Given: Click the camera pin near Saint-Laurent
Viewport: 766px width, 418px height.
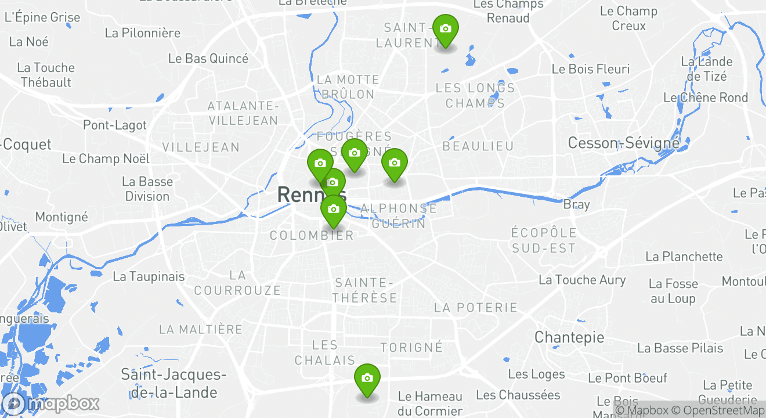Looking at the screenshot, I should pyautogui.click(x=446, y=29).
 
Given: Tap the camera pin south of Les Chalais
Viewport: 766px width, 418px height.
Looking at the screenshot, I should pyautogui.click(x=367, y=379).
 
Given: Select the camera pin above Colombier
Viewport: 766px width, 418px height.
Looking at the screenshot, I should pyautogui.click(x=334, y=210).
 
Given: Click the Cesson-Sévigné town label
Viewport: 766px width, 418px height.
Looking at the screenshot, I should pyautogui.click(x=623, y=143).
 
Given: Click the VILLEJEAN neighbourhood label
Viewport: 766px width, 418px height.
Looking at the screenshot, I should pyautogui.click(x=201, y=147).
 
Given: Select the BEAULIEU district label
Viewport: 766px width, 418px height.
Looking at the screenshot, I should pyautogui.click(x=478, y=146).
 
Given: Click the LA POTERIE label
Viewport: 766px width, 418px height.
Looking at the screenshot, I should pyautogui.click(x=475, y=307).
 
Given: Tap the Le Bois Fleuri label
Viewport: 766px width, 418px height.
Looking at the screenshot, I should pyautogui.click(x=590, y=69).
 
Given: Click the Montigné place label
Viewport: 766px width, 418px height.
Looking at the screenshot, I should pyautogui.click(x=62, y=217).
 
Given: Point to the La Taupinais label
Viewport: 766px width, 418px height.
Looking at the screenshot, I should pyautogui.click(x=149, y=276).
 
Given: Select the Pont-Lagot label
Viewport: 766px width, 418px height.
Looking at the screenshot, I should pyautogui.click(x=115, y=125).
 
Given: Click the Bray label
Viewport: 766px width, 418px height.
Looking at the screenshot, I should pyautogui.click(x=576, y=204).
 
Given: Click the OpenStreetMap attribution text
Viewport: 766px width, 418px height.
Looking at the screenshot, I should pyautogui.click(x=718, y=410).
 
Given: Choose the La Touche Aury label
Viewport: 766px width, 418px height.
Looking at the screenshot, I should pyautogui.click(x=582, y=280).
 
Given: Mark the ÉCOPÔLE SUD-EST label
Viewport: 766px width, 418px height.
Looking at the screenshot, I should pyautogui.click(x=543, y=240).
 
